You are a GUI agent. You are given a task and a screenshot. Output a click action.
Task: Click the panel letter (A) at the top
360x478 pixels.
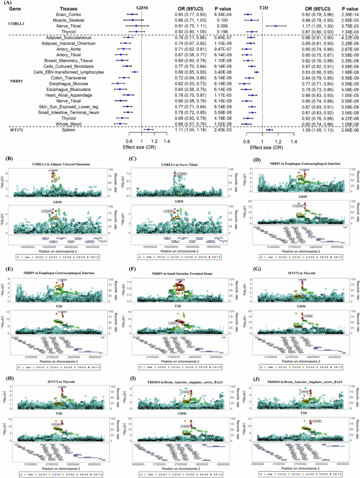pyautogui.click(x=6, y=4)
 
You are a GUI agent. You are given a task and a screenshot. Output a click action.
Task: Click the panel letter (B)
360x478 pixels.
pyautogui.click(x=6, y=158)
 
